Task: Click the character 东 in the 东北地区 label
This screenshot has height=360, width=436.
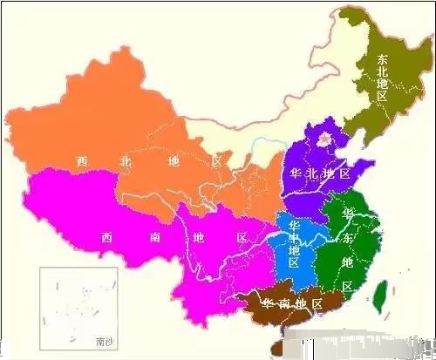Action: point(383,60)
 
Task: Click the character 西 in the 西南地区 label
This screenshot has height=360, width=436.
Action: point(106,236)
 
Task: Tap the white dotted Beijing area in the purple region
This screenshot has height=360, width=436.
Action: point(324,138)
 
